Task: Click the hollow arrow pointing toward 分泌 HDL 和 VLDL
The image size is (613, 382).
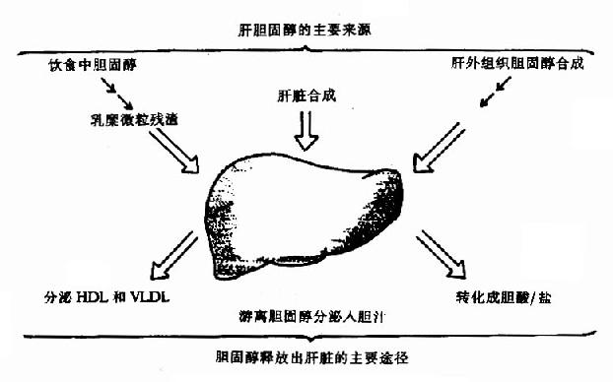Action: pos(172,252)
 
